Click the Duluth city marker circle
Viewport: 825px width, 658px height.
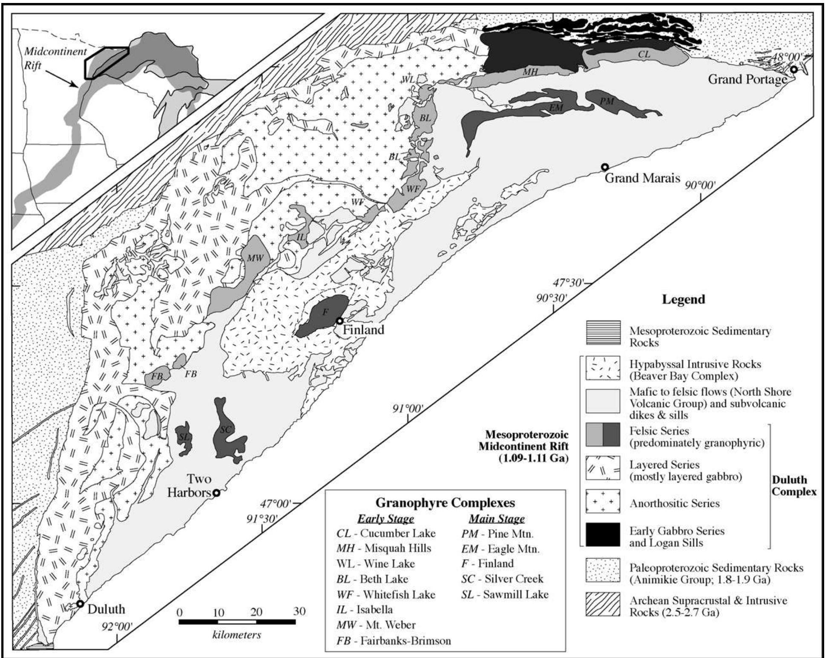pyautogui.click(x=80, y=603)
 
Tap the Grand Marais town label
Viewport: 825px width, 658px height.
pyautogui.click(x=642, y=178)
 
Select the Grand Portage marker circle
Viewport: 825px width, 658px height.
pyautogui.click(x=793, y=69)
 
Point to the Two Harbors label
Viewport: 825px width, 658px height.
pyautogui.click(x=189, y=485)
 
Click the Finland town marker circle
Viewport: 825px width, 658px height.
pyautogui.click(x=339, y=320)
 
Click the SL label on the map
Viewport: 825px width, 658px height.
pyautogui.click(x=184, y=436)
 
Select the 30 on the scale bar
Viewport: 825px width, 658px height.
pyautogui.click(x=299, y=612)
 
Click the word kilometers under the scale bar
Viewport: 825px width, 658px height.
pyautogui.click(x=237, y=635)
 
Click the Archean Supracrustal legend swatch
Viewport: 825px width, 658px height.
pyautogui.click(x=603, y=605)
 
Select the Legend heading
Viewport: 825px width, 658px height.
pyautogui.click(x=683, y=299)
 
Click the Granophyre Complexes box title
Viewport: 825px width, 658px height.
pyautogui.click(x=446, y=503)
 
